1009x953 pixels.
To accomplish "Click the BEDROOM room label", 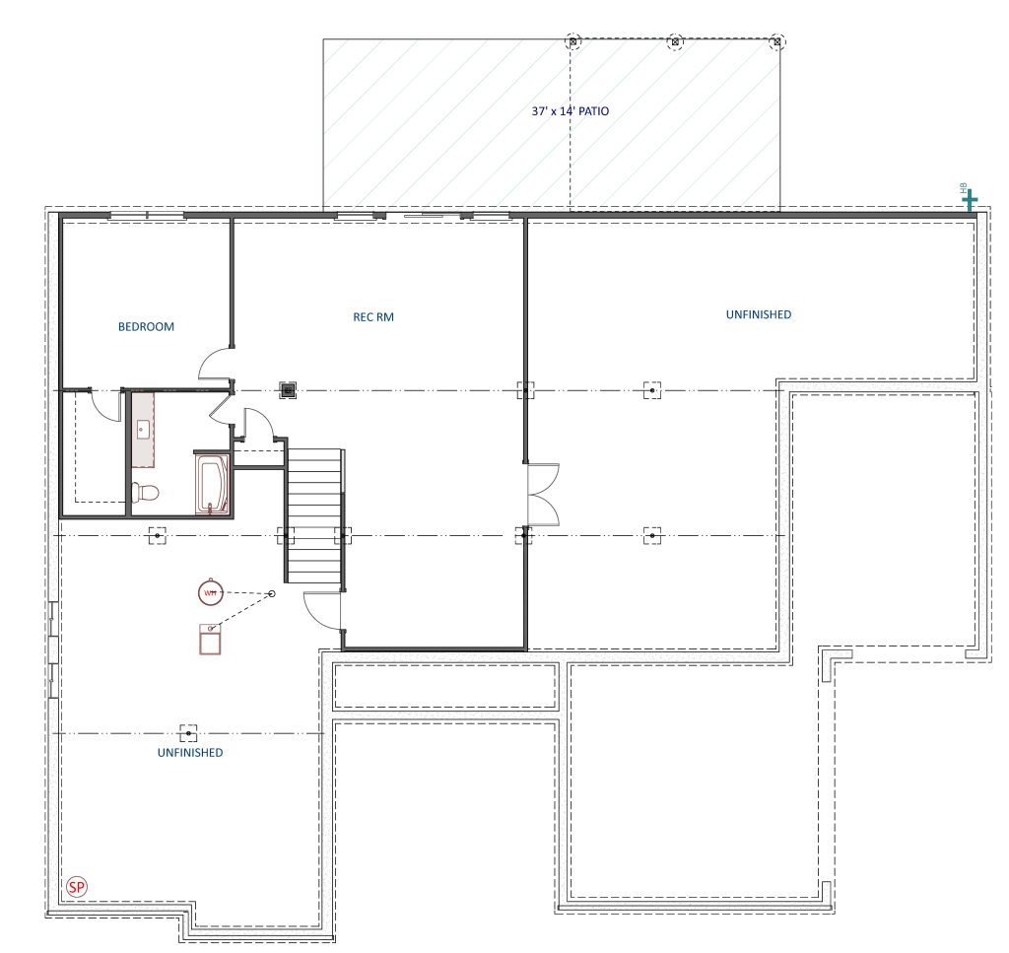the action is (146, 326).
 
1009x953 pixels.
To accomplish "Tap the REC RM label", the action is (373, 316).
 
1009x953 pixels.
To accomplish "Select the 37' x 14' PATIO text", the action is (571, 110).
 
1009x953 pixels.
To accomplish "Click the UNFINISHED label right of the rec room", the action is (759, 314).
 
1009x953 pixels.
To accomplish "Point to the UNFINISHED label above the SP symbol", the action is (190, 752).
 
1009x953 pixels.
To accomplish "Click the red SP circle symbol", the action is (77, 887).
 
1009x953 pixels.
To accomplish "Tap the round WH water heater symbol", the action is (211, 592).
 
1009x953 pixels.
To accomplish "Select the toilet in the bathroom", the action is (145, 493).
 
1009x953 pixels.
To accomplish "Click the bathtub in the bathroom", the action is (212, 485).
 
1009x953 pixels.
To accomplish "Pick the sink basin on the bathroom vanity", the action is (143, 430).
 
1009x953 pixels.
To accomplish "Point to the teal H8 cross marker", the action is (970, 201).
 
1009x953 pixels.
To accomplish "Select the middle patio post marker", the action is (675, 41).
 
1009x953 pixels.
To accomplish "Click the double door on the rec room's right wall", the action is (543, 494).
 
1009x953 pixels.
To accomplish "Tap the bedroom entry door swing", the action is (215, 363).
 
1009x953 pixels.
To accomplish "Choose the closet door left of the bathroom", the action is (105, 405).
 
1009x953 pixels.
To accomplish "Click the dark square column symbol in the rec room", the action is (288, 390).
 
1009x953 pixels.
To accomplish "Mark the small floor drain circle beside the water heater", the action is (272, 593).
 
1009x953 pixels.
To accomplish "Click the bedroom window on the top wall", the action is (148, 215).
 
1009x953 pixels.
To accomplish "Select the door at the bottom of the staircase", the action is (321, 610).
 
